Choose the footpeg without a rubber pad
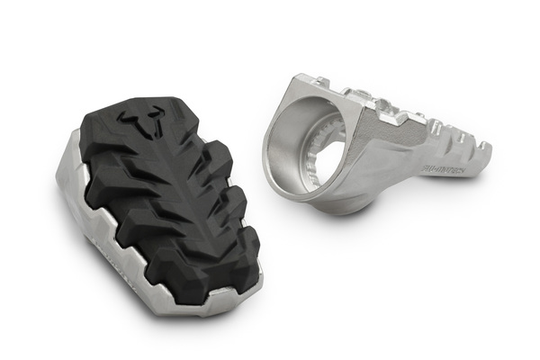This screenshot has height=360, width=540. pos(378,144)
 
